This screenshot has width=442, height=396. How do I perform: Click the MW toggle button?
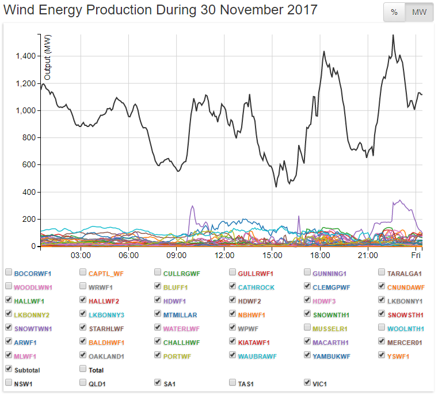coord(420,13)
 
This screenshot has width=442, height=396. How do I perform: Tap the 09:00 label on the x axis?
coord(176,255)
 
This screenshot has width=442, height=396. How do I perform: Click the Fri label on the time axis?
coord(416,255)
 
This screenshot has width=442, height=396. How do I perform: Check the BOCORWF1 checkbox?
coord(9,272)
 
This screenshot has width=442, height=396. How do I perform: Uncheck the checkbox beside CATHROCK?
coord(233,286)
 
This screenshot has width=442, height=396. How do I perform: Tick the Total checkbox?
coord(83,370)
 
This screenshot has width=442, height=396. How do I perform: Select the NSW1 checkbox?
coord(9,382)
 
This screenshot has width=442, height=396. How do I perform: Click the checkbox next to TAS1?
coord(233,382)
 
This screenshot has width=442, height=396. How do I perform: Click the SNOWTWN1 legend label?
coord(33,329)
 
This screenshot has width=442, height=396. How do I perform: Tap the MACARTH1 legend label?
coord(331,342)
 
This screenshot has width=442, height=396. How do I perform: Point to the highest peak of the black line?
coord(393,35)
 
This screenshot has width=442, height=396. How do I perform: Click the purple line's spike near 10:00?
coord(192,206)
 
